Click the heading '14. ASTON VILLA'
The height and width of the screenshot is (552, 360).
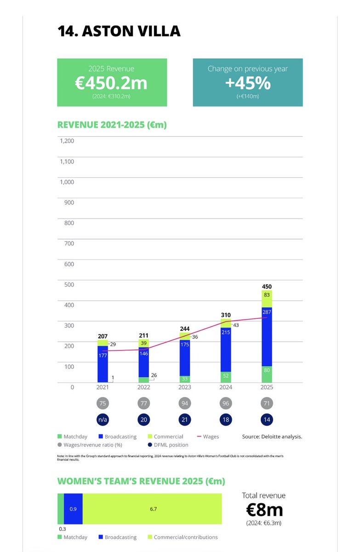[x=119, y=31]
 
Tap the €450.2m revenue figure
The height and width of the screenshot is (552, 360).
[x=112, y=83]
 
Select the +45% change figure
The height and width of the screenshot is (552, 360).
[x=247, y=83]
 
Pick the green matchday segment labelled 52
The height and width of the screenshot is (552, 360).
[x=226, y=376]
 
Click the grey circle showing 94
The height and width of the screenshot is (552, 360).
[x=184, y=403]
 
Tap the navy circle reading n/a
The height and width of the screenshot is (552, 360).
[x=103, y=419]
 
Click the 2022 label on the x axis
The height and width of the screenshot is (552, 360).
[x=143, y=387]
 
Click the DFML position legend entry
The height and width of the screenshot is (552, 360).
[x=168, y=445]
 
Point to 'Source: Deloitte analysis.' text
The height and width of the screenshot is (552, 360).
[x=272, y=437]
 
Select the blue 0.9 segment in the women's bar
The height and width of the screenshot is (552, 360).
[x=73, y=509]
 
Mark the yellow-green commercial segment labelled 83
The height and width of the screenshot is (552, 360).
[x=267, y=299]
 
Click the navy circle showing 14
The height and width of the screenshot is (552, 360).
[x=267, y=419]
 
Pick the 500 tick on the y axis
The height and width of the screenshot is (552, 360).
[x=69, y=284]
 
